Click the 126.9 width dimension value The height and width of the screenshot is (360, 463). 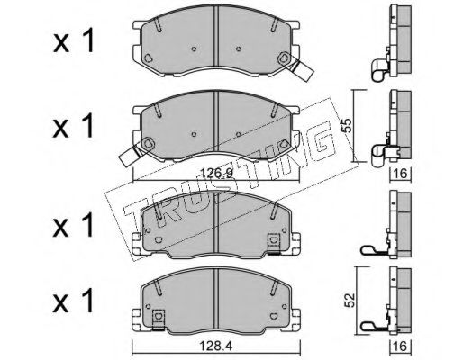pos(217,174)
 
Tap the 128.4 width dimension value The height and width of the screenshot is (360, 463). pos(216,346)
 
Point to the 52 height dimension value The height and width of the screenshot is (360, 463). pos(350,300)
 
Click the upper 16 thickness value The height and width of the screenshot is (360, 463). pos(400,174)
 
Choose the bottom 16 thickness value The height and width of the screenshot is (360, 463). pos(400,346)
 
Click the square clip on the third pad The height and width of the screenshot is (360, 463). pos(273,242)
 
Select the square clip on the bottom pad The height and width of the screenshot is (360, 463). pos(159,319)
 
